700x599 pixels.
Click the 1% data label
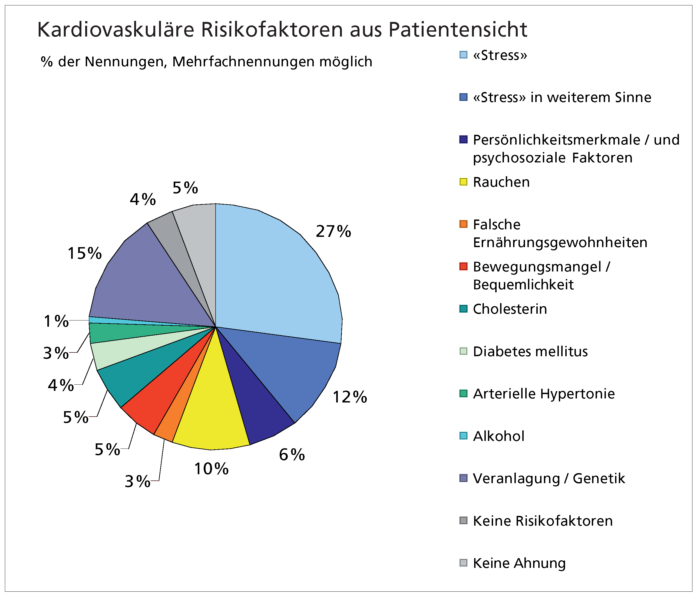(x=56, y=321)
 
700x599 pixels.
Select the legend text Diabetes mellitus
(x=530, y=352)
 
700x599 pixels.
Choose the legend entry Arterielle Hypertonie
(x=544, y=394)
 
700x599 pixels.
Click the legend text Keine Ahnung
(x=519, y=563)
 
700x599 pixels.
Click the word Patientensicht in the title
(x=458, y=30)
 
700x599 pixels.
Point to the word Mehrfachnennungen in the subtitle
(x=243, y=62)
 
